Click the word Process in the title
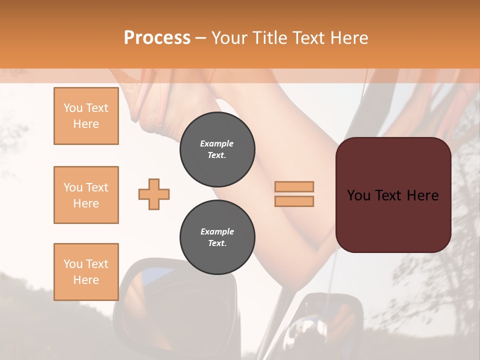tap(157, 38)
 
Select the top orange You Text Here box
tap(86, 116)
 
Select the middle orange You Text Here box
tap(86, 195)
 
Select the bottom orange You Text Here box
tap(86, 271)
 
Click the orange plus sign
tap(154, 194)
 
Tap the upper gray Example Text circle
tap(217, 149)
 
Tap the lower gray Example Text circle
tap(217, 237)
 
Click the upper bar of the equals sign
tap(294, 186)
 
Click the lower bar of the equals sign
tap(294, 201)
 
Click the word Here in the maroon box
tap(422, 195)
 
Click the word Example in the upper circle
tap(217, 143)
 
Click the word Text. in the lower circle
tap(217, 243)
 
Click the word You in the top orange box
tap(72, 108)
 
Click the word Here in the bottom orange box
tap(86, 279)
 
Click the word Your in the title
tap(230, 38)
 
